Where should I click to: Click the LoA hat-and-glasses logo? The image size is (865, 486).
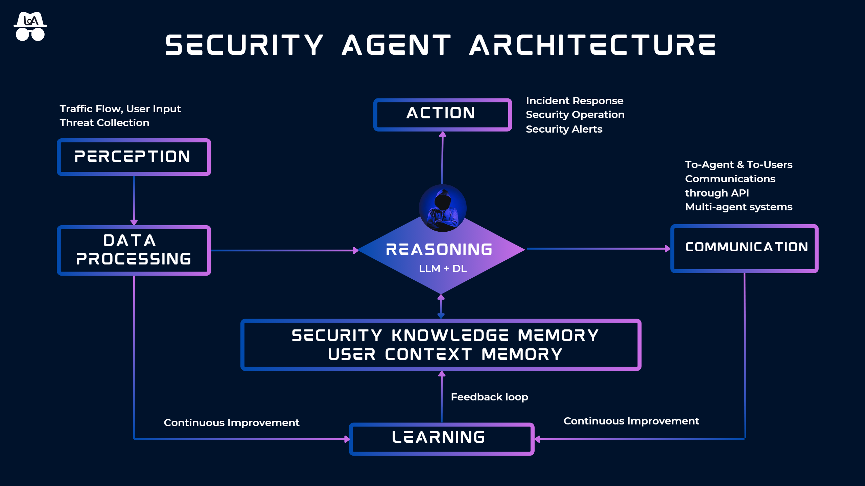[30, 26]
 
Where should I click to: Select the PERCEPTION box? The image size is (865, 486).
[134, 157]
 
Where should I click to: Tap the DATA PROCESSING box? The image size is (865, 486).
[134, 250]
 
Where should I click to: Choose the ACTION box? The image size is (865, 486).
[442, 114]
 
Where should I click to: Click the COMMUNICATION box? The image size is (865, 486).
[744, 248]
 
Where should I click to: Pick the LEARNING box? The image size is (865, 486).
[441, 439]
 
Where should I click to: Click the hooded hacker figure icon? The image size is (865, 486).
[443, 208]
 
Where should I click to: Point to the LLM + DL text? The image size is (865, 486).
[443, 269]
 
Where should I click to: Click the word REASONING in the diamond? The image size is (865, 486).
[439, 250]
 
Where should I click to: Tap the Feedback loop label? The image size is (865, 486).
[489, 397]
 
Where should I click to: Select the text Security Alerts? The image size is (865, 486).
[564, 129]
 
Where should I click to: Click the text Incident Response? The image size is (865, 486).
[575, 101]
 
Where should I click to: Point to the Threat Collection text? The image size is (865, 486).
[104, 123]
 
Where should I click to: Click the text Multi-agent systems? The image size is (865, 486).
[739, 207]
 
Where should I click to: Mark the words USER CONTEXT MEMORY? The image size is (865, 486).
[445, 354]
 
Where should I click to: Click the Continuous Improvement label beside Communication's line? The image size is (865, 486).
[631, 421]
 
